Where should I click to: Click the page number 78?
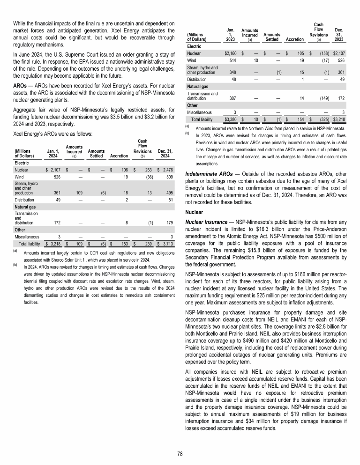click(x=180, y=453)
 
